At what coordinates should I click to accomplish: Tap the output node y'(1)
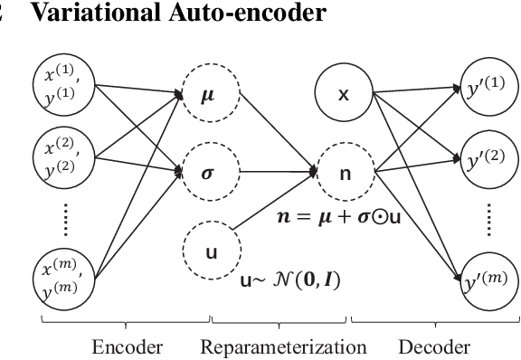485,88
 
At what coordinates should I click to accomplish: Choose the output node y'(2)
485,161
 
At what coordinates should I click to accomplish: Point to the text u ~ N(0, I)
290,280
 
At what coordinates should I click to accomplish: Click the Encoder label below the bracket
126,346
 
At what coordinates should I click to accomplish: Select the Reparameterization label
283,346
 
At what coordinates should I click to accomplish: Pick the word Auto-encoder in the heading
211,12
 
